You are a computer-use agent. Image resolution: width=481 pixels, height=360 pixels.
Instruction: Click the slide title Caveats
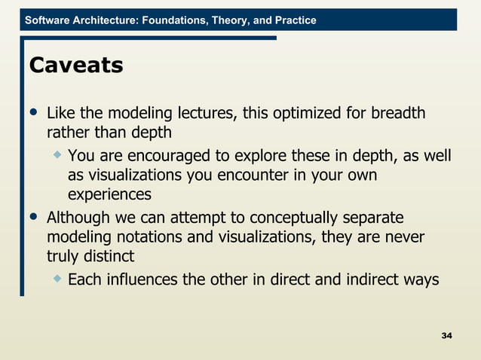pyautogui.click(x=75, y=66)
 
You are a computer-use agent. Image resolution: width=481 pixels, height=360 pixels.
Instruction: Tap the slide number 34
pyautogui.click(x=446, y=334)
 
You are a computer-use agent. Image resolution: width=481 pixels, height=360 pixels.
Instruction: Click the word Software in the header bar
pyautogui.click(x=49, y=20)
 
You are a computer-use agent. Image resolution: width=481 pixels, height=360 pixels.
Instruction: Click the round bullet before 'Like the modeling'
pyautogui.click(x=32, y=114)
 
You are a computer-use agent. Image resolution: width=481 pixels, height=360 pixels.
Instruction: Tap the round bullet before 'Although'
pyautogui.click(x=32, y=218)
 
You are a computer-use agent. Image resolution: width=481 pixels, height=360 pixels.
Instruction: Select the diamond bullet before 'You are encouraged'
pyautogui.click(x=57, y=154)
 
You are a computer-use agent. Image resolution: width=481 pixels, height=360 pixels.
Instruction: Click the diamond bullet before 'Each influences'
pyautogui.click(x=57, y=279)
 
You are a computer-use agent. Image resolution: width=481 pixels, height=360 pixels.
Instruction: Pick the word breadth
pyautogui.click(x=397, y=114)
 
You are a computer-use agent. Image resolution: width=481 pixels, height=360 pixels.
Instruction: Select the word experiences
pyautogui.click(x=109, y=195)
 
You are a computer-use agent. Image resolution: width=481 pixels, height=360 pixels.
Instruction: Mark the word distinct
pyautogui.click(x=106, y=257)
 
